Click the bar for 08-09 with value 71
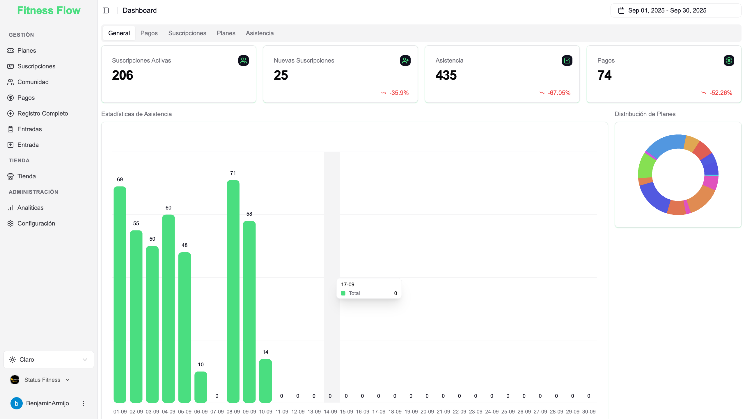coord(233,291)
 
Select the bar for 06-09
coord(201,387)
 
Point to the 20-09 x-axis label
coord(427,412)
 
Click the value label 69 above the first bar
coord(120,180)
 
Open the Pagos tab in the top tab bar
coord(149,33)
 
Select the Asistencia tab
coord(260,33)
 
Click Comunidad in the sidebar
coord(33,82)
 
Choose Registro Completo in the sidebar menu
coord(42,113)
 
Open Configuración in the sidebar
coord(36,223)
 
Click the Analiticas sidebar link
coord(30,208)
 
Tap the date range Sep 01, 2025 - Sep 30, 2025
coord(667,10)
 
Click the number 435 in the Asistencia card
coord(446,75)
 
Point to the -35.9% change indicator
coord(399,93)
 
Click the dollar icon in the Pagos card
coord(729,61)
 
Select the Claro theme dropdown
coord(49,360)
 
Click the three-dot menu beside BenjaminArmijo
coord(84,403)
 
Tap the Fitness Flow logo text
coord(49,10)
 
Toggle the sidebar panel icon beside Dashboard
coord(106,10)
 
